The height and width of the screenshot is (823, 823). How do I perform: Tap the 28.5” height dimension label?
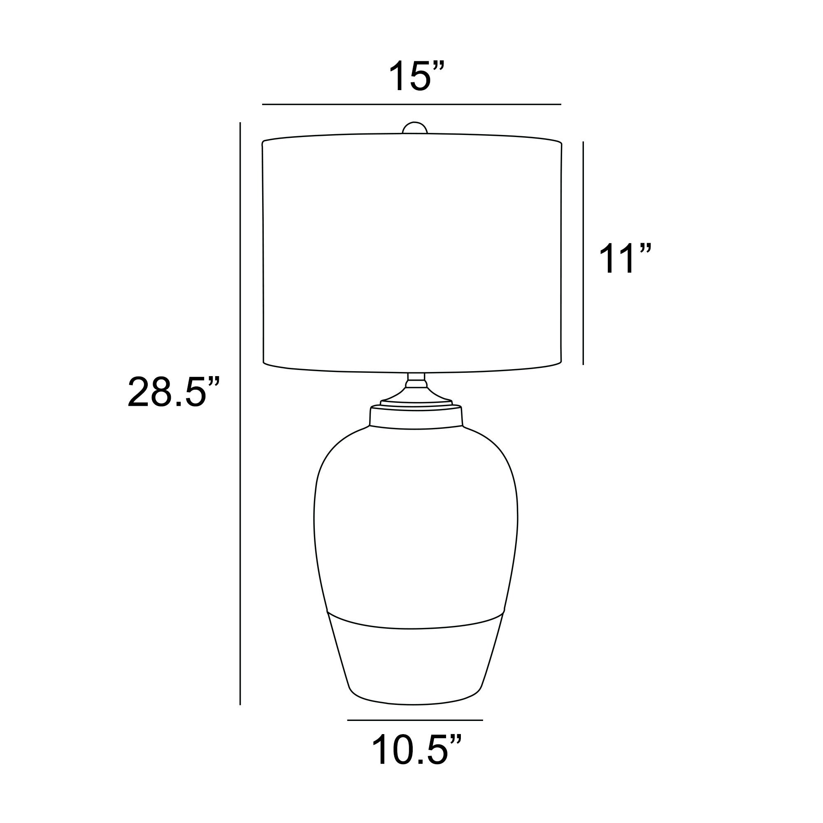(x=174, y=392)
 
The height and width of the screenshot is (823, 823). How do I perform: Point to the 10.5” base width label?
(x=416, y=750)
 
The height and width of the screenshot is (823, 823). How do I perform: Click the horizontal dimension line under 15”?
(x=411, y=104)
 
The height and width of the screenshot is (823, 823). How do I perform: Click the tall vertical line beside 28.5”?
(x=240, y=414)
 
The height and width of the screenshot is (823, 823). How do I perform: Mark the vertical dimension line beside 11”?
(x=583, y=253)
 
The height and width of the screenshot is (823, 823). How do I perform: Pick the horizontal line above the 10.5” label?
(x=415, y=721)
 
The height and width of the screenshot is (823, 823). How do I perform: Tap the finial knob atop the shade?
(x=415, y=128)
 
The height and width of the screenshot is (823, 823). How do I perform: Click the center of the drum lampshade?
(x=412, y=253)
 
